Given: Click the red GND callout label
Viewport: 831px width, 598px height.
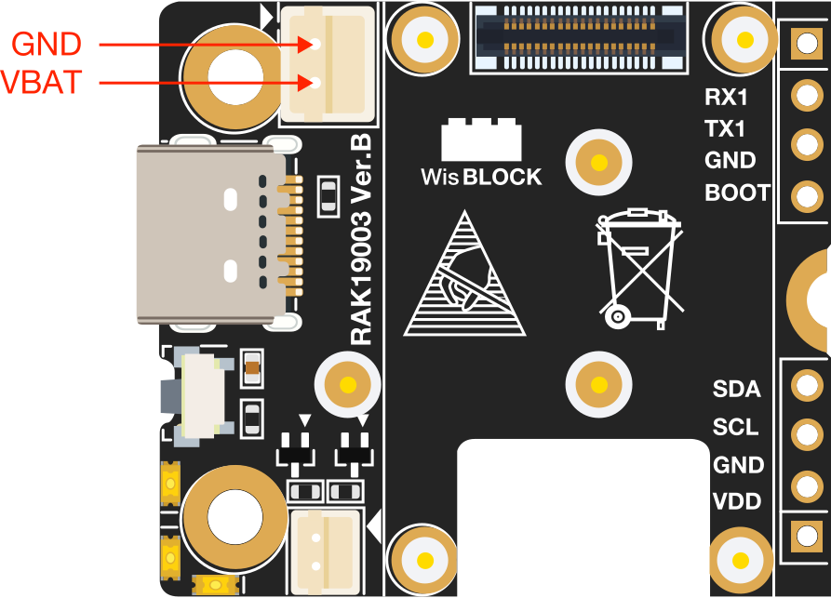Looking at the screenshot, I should pyautogui.click(x=47, y=44).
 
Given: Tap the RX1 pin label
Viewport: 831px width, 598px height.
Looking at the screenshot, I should pyautogui.click(x=727, y=98).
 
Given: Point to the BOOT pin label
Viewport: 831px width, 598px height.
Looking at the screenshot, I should pyautogui.click(x=737, y=193).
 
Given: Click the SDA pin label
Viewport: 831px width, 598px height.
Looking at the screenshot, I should pyautogui.click(x=736, y=389).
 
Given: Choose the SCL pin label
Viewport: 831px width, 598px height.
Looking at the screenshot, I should pyautogui.click(x=735, y=428).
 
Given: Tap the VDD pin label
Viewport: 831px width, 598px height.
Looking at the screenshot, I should pyautogui.click(x=737, y=502).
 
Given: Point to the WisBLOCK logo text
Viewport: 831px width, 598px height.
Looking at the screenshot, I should pyautogui.click(x=481, y=176).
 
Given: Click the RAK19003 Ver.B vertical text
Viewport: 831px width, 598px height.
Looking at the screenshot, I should pyautogui.click(x=361, y=240).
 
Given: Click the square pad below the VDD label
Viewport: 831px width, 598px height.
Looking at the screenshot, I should pyautogui.click(x=801, y=535).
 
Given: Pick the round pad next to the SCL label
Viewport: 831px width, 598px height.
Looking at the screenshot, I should pyautogui.click(x=801, y=433).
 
